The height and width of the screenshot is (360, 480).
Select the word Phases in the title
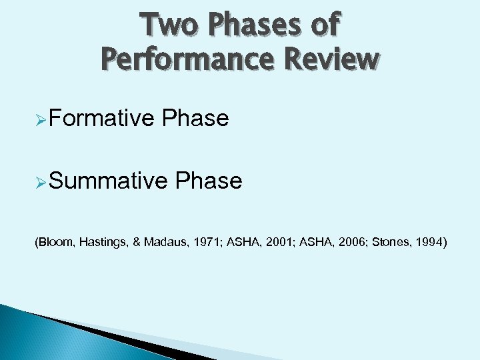(246, 25)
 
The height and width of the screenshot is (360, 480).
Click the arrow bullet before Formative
(39, 119)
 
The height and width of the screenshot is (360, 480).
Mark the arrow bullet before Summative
(39, 181)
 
